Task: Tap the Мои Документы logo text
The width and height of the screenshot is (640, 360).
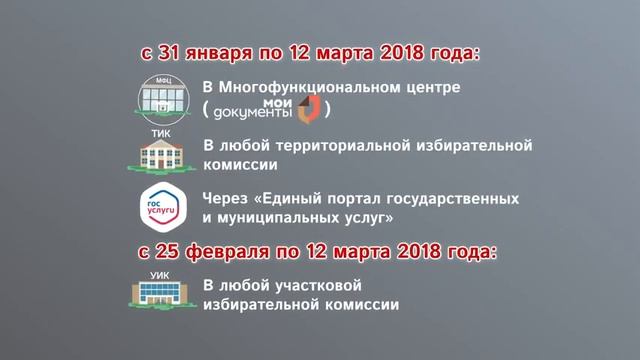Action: tap(255, 107)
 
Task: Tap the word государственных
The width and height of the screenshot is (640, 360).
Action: tap(447, 197)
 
